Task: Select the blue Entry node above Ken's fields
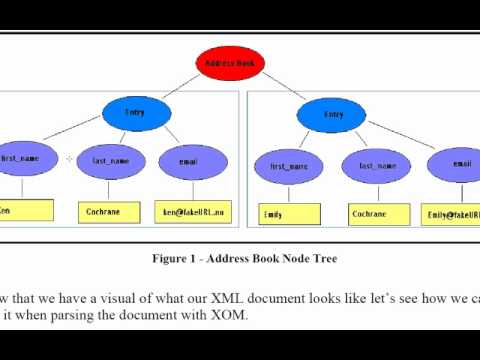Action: pyautogui.click(x=135, y=113)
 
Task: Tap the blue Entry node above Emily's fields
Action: pyautogui.click(x=334, y=115)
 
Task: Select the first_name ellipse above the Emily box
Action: pyautogui.click(x=285, y=166)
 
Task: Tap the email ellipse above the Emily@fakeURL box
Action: pyautogui.click(x=458, y=164)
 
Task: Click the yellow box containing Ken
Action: pyautogui.click(x=25, y=211)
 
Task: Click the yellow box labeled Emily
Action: pyautogui.click(x=290, y=214)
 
